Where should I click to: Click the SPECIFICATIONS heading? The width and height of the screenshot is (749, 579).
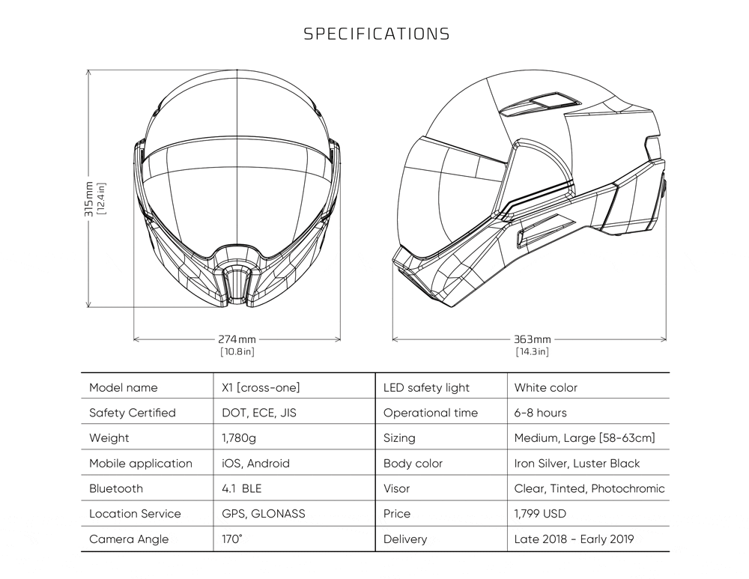point(377,34)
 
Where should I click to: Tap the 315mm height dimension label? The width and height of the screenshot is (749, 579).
point(89,199)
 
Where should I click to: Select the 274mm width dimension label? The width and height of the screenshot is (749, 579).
point(237,339)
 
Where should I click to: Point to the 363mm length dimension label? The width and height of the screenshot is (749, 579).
point(532,339)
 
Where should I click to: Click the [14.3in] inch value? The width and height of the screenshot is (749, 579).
point(532,352)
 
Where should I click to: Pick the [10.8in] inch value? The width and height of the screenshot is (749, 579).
point(237,352)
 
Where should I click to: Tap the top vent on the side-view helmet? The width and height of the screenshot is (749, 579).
point(540,104)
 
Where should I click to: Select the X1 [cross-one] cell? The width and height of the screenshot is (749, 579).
point(261,387)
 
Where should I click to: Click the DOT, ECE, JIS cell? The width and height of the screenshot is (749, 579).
point(259,413)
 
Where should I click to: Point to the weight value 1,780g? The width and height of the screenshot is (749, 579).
point(239,438)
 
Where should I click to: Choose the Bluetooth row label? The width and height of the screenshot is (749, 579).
point(116,488)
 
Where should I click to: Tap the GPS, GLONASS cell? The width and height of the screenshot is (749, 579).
point(263,514)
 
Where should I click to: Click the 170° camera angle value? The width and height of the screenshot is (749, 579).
point(232,539)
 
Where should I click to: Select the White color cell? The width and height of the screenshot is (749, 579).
point(545,387)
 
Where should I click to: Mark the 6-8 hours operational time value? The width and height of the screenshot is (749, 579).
point(540,413)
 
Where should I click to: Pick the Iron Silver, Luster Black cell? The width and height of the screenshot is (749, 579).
point(577,464)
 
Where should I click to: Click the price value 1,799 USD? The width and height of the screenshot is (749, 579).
point(540,514)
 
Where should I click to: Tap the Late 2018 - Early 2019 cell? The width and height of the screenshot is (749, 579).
point(574,539)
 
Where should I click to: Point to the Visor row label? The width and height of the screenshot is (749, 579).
point(396,488)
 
